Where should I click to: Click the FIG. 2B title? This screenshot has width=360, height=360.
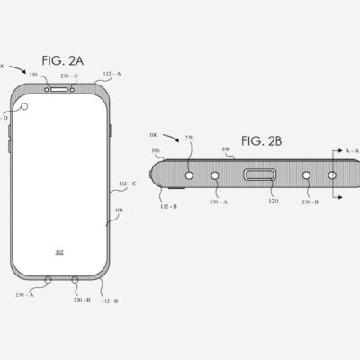pyautogui.click(x=261, y=142)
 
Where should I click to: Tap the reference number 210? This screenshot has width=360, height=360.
pyautogui.click(x=33, y=76)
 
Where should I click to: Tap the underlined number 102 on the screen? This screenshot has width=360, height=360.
pyautogui.click(x=59, y=252)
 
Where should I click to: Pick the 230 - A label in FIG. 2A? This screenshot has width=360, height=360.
pyautogui.click(x=24, y=293)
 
